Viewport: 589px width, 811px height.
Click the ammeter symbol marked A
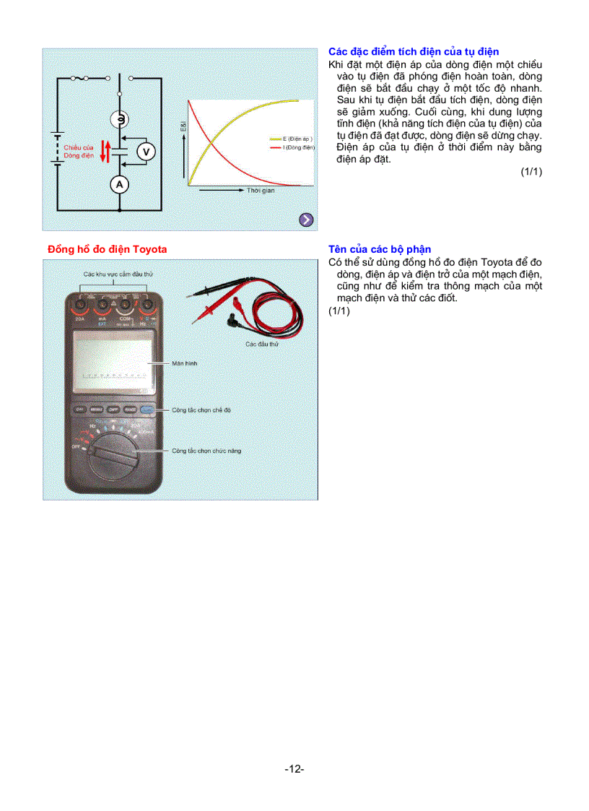click(x=120, y=185)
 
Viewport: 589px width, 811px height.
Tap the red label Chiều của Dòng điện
click(x=79, y=152)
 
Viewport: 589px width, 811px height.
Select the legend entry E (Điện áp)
click(x=292, y=138)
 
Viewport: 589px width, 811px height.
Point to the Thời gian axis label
click(x=261, y=190)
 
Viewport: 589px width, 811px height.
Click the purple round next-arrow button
click(x=306, y=220)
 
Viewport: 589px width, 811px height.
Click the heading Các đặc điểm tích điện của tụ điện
click(x=413, y=52)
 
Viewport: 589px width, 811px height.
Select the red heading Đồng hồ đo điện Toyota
click(x=107, y=249)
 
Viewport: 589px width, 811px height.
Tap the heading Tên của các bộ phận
click(x=380, y=249)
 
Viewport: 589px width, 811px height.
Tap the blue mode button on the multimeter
click(x=148, y=409)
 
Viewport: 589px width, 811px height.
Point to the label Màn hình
click(x=185, y=363)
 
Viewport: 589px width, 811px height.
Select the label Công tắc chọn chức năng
click(x=206, y=451)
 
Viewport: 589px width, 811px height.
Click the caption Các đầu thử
click(x=262, y=344)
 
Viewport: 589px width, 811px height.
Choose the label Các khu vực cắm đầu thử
click(x=118, y=274)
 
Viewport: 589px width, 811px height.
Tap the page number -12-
click(x=294, y=770)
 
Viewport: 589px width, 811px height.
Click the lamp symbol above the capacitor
click(x=120, y=118)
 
